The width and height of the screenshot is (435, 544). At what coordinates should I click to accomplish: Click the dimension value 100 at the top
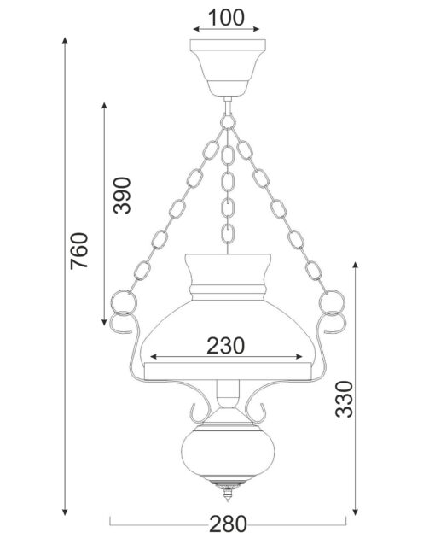226,18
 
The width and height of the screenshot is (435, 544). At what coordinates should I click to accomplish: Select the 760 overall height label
79,251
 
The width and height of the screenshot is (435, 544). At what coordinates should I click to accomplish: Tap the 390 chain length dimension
122,196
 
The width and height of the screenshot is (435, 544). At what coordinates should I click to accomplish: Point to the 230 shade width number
226,346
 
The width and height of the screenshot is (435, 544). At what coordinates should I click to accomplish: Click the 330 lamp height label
345,399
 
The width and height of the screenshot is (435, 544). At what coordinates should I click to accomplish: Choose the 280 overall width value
228,524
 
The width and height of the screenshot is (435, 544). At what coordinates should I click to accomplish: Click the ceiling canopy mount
228,67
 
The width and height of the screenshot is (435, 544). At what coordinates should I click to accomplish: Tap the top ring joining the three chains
228,122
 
